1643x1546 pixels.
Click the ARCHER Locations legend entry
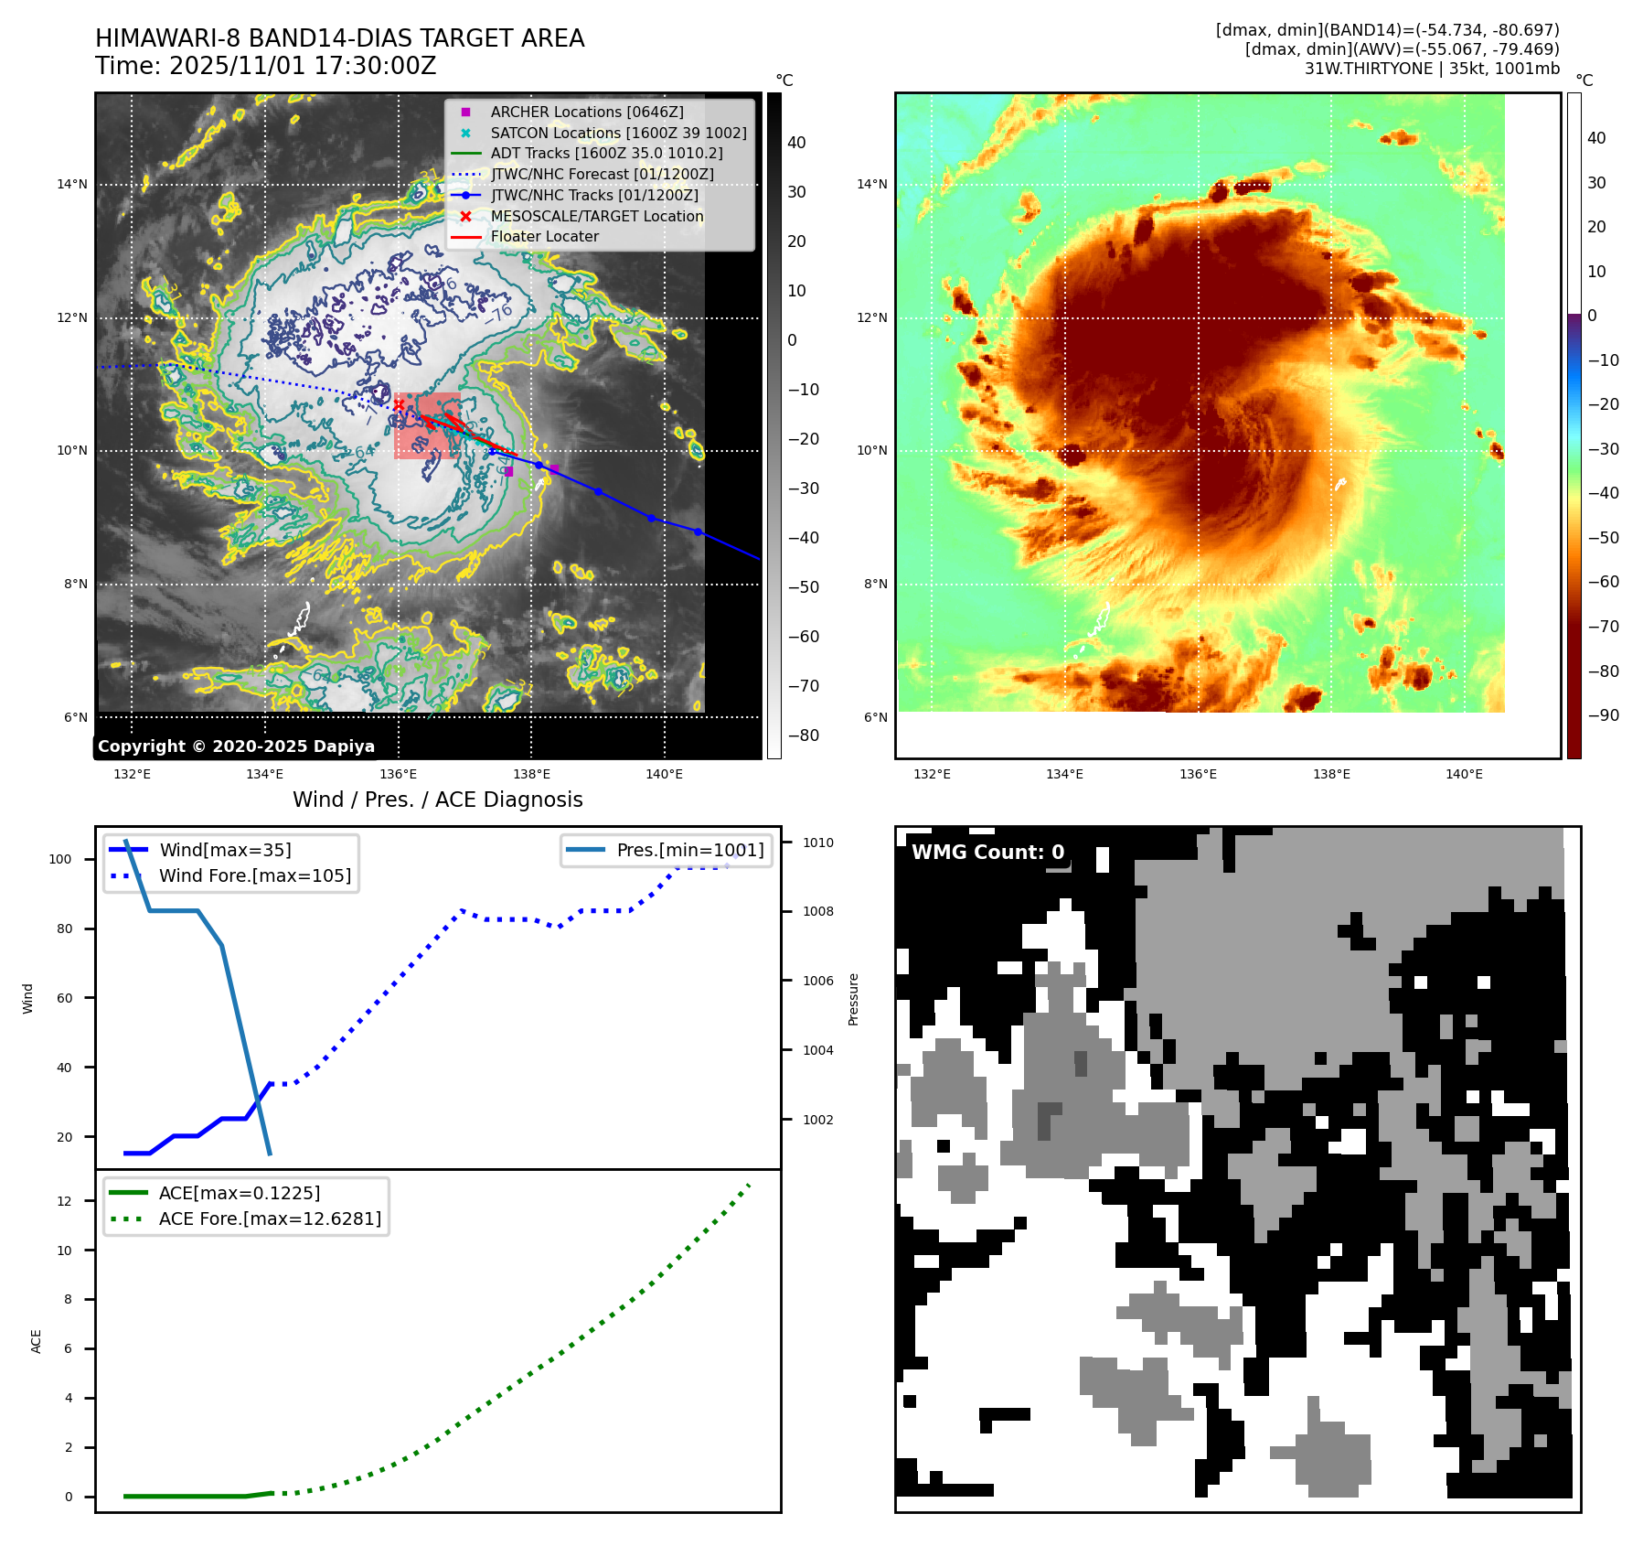point(586,112)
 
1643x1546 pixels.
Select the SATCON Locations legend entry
point(618,133)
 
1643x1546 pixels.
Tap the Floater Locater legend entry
point(544,236)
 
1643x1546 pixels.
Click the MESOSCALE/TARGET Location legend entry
point(596,216)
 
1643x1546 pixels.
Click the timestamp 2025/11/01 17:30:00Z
point(302,66)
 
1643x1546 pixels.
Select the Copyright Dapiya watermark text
point(236,746)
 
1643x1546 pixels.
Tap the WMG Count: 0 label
point(987,853)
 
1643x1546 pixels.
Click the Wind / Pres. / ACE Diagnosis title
point(437,800)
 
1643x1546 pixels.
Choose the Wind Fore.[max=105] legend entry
point(254,875)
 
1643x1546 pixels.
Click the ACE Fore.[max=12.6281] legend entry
point(270,1219)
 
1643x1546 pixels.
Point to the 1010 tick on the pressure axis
point(817,843)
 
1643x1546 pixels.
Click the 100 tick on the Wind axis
point(59,859)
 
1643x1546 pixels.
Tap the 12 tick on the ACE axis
point(64,1201)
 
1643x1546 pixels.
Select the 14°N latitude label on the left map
point(72,185)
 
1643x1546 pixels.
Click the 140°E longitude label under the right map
point(1464,774)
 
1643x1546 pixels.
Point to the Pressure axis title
point(853,999)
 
